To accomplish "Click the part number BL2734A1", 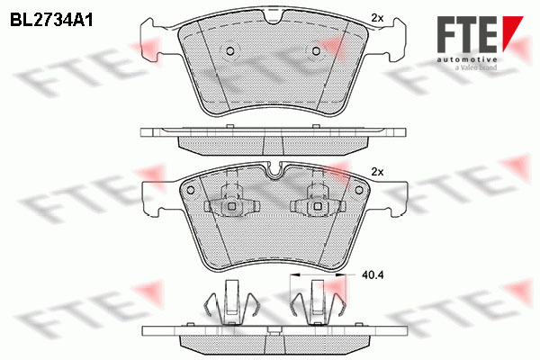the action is click(51, 21).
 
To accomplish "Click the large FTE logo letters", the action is click(467, 34).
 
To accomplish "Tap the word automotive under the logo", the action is click(467, 60).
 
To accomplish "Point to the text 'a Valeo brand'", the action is click(476, 67).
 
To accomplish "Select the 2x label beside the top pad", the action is click(377, 18).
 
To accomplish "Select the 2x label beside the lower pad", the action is click(377, 172).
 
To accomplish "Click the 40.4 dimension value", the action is click(373, 274).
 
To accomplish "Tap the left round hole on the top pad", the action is click(230, 51).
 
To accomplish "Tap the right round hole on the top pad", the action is click(316, 51).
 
